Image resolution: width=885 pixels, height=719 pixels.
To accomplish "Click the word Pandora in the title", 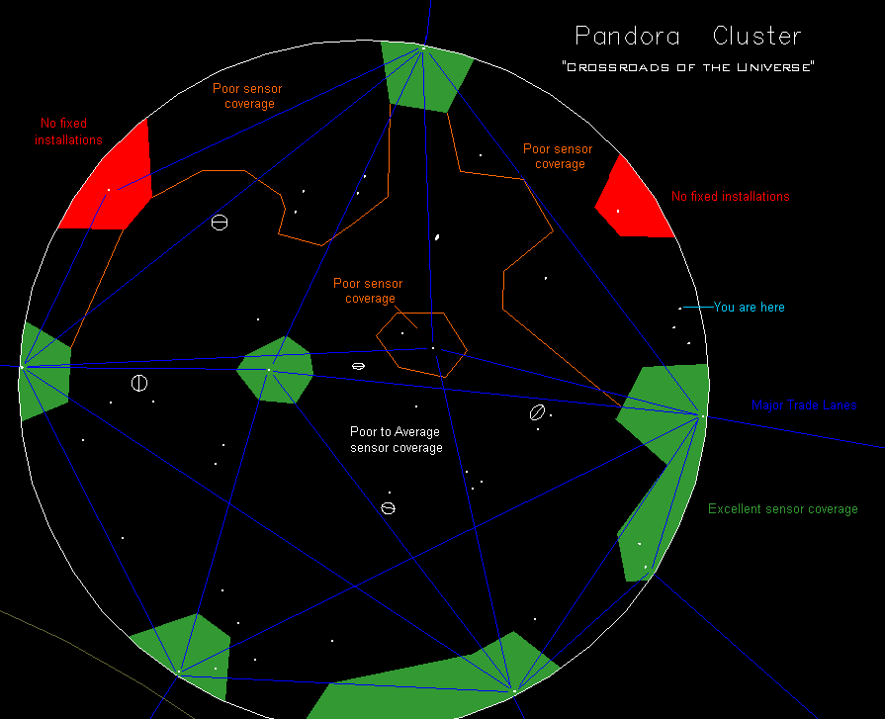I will pos(627,37).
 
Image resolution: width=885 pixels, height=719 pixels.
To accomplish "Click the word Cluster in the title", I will pos(756,37).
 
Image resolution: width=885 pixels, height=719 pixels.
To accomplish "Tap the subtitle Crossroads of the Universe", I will pos(687,67).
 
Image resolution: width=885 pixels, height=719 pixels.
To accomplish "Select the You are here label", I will pos(749,308).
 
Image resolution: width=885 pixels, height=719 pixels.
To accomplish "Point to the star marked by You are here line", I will pos(679,309).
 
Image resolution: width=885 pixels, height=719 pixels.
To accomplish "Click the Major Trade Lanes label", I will pos(803,405).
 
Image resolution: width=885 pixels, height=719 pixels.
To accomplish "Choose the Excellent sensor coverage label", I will pos(782,509).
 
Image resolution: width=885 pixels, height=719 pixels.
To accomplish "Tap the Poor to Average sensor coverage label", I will pos(396,440).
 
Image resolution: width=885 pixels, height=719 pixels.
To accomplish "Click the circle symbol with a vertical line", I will pos(139,383).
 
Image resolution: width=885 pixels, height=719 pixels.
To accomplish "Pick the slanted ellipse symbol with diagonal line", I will pos(537,412).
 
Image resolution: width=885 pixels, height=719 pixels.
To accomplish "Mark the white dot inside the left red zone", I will pos(109,189).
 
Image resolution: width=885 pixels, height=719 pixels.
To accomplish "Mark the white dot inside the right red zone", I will pos(618,211).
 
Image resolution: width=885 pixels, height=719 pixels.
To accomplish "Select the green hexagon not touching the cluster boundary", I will pos(276,370).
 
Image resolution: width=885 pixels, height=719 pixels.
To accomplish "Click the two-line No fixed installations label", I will pos(68,132).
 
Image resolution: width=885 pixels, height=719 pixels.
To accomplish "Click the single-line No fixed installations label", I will pos(730,197).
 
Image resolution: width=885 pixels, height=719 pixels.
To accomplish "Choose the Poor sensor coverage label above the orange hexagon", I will pos(368,291).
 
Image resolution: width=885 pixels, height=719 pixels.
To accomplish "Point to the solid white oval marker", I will pos(436,236).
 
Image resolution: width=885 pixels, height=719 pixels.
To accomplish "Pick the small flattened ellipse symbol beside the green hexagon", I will pos(358,366).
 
